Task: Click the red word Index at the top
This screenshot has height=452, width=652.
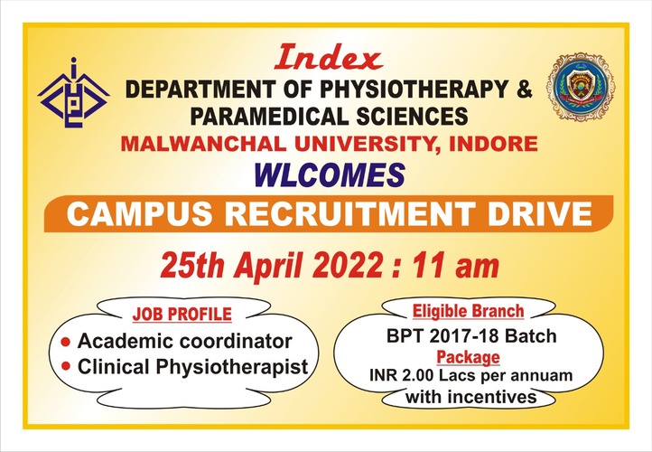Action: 328,58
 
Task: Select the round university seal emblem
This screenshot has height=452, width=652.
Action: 581,87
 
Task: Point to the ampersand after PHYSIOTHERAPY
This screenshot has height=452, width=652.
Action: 524,89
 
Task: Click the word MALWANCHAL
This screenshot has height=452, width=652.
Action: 203,145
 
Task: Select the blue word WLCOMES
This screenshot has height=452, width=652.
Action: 330,174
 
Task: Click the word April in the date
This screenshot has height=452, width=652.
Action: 268,267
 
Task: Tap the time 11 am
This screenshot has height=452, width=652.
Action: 456,266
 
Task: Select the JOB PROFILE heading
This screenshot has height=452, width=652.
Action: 182,315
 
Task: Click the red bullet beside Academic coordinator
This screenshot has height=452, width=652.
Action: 66,342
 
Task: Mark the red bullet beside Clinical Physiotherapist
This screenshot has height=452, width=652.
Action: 66,366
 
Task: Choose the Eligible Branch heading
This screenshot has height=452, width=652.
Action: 468,311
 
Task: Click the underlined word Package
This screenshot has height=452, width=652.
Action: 468,357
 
